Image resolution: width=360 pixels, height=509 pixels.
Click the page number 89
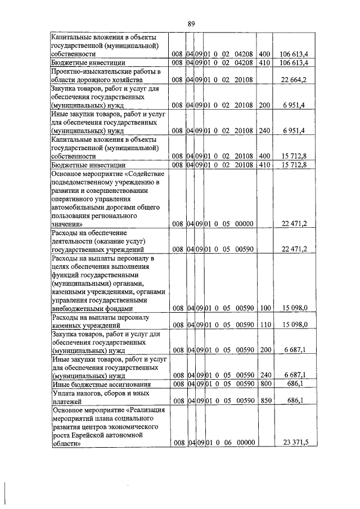click(x=191, y=24)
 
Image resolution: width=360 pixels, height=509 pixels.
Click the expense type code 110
click(x=264, y=325)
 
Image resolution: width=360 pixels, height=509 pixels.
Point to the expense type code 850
click(x=264, y=401)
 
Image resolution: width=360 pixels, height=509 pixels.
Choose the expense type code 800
click(x=264, y=384)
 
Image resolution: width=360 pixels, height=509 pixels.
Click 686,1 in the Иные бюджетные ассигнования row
click(x=298, y=384)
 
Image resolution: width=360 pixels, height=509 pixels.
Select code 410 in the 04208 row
click(x=264, y=62)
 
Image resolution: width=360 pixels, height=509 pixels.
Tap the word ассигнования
click(x=115, y=384)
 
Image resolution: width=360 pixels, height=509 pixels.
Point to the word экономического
click(x=129, y=426)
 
